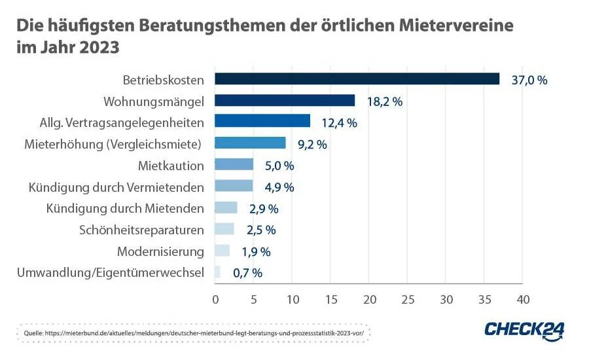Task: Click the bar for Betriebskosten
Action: pos(357,79)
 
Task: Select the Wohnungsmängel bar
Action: pos(285,101)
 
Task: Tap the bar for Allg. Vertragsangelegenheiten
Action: pos(262,122)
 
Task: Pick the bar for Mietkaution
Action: pos(234,165)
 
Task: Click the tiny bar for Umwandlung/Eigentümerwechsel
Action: pos(218,272)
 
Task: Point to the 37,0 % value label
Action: pos(529,80)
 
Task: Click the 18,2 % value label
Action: pos(384,101)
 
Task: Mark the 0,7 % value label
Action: pos(247,273)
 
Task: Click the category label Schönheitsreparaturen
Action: pos(141,230)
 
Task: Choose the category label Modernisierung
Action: pos(160,251)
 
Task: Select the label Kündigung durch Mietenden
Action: pos(125,208)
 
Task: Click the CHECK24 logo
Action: pos(524,329)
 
